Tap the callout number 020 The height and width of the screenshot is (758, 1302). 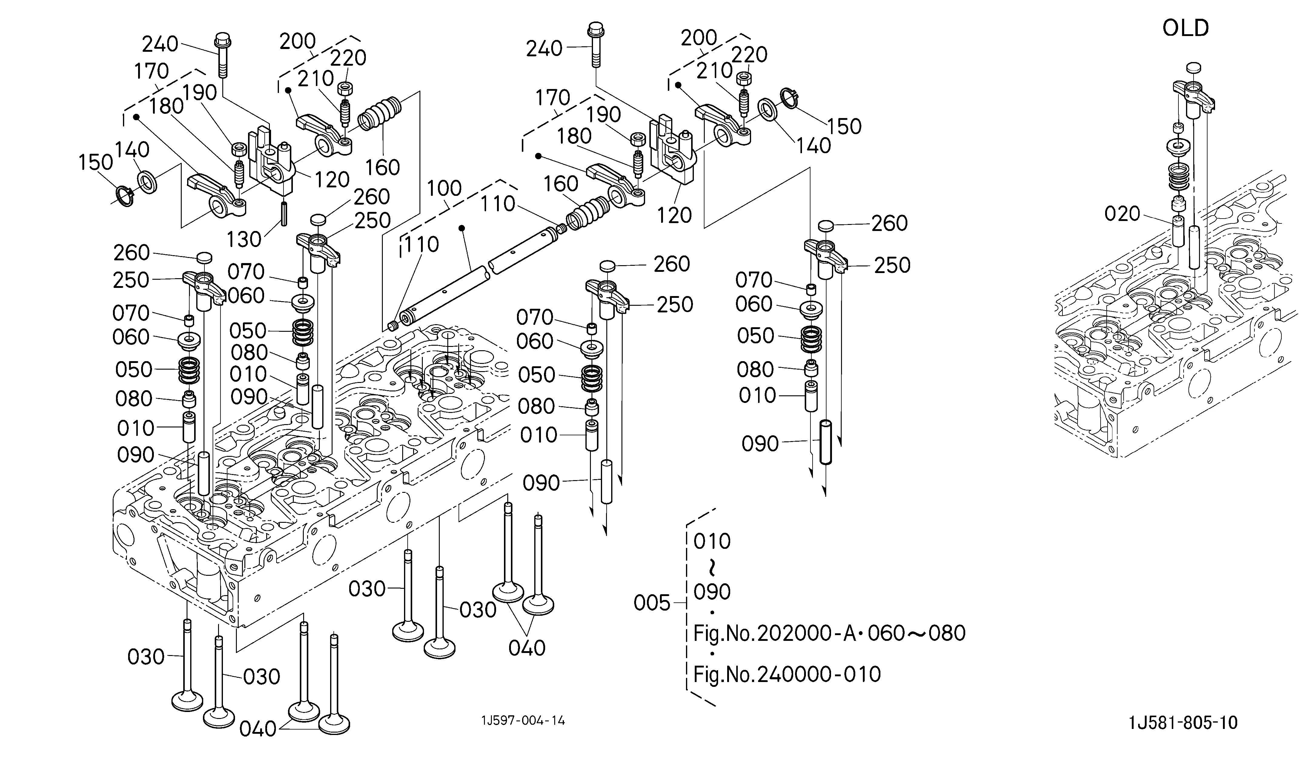pos(1122,213)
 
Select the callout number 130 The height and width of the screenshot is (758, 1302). pos(244,239)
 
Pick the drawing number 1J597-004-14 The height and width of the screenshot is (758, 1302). pos(523,720)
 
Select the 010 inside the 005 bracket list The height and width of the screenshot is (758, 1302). pos(712,542)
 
